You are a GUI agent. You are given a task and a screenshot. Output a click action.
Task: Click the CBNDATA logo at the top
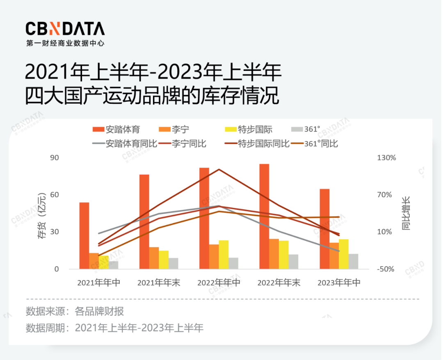(65, 29)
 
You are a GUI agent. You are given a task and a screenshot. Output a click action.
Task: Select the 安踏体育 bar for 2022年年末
(264, 216)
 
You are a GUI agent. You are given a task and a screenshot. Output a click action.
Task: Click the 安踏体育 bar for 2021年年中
(84, 236)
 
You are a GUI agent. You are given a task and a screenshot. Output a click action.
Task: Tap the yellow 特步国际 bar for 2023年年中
(343, 254)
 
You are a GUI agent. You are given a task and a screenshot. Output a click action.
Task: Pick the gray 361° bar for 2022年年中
(233, 263)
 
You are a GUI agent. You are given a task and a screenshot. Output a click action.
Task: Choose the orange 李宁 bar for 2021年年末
(154, 258)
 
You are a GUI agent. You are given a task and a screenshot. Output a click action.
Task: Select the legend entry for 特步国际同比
(257, 144)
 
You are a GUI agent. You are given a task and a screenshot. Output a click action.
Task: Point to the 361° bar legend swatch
(296, 129)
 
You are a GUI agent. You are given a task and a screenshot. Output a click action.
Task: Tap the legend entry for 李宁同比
(183, 144)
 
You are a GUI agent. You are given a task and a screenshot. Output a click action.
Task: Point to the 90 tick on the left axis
(55, 158)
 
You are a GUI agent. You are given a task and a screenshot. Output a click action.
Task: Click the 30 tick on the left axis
(55, 232)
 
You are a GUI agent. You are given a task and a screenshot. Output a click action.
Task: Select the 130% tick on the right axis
(387, 158)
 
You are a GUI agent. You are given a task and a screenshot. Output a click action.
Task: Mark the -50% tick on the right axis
(387, 269)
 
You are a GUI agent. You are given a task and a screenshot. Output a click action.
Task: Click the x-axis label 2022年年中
(219, 283)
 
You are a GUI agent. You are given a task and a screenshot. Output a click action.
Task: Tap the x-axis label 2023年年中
(339, 283)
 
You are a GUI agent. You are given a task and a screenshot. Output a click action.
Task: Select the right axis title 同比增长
(406, 214)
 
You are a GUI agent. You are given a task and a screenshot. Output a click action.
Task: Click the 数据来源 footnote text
(75, 311)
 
